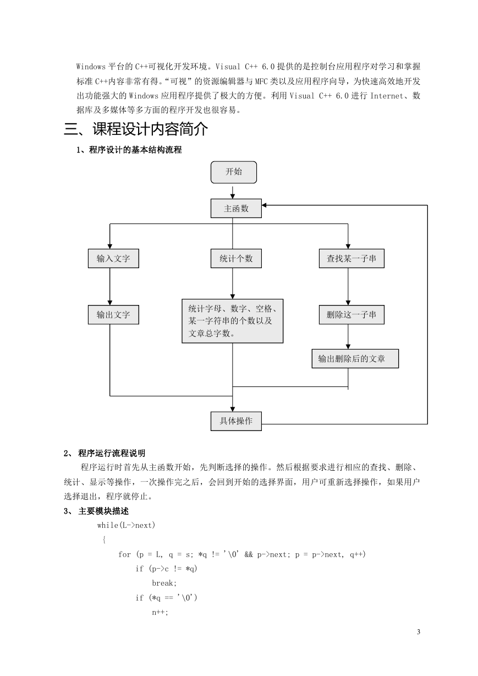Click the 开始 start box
tap(234, 172)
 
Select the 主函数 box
tap(236, 208)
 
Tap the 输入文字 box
tap(113, 258)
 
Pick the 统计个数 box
tap(236, 258)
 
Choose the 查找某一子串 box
tap(351, 258)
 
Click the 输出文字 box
tap(113, 315)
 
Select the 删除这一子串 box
tap(351, 315)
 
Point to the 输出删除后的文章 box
tap(355, 358)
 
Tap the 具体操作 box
tap(236, 421)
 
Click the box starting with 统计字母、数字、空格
tap(233, 321)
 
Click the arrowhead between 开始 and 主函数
tap(233, 197)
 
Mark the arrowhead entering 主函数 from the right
tap(264, 205)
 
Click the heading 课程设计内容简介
tap(150, 129)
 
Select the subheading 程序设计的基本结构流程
tap(135, 150)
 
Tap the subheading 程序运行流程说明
tap(112, 453)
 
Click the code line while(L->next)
tap(126, 525)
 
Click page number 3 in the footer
tap(418, 631)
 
